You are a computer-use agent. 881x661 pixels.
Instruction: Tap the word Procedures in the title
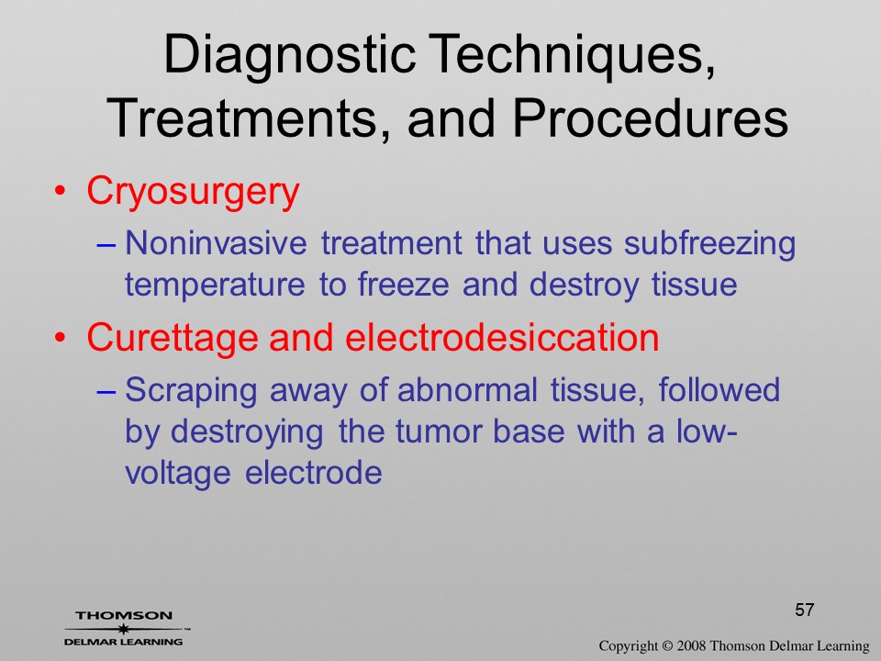651,118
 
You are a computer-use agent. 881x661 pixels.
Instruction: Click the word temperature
215,286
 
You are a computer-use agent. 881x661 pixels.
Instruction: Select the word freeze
404,284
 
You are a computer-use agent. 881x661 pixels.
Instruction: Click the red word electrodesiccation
502,337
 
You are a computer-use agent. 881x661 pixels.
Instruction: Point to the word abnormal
467,389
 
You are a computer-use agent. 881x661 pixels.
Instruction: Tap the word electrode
314,473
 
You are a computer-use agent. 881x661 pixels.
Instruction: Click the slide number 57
805,610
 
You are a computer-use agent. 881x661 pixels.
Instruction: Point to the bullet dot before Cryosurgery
61,192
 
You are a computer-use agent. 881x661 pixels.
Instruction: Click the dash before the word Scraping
106,392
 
